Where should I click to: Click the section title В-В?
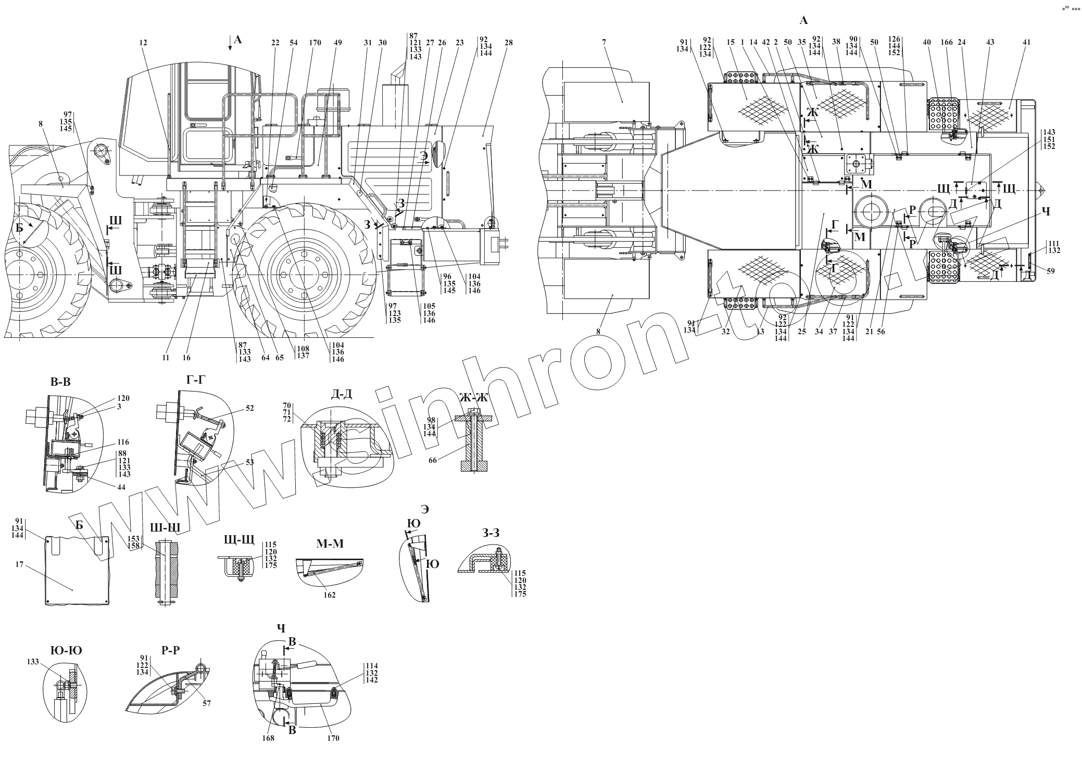(x=60, y=383)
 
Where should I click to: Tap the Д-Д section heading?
(x=341, y=394)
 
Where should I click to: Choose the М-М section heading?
(x=330, y=544)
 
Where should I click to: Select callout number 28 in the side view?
(x=508, y=43)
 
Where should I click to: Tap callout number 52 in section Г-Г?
(x=250, y=409)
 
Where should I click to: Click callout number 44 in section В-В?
(x=121, y=487)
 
